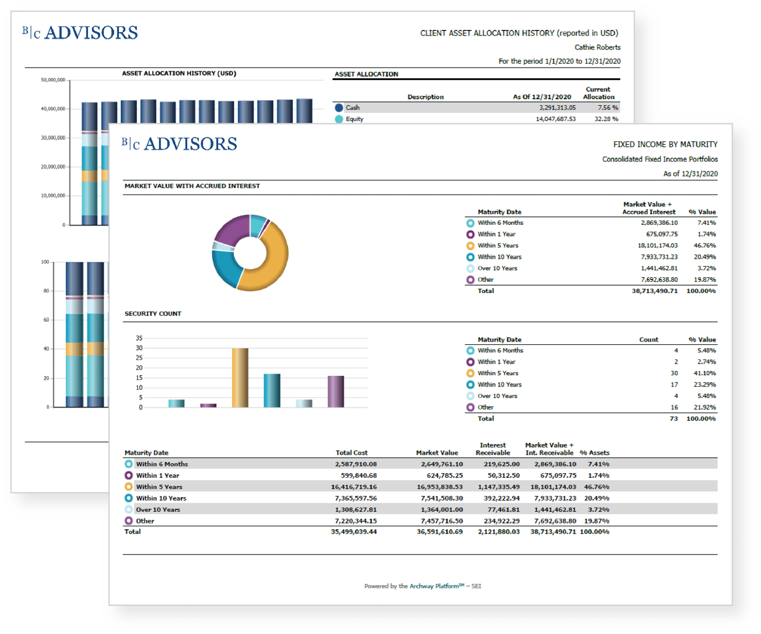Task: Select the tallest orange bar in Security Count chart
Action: coord(240,378)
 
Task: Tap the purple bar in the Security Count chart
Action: coord(336,391)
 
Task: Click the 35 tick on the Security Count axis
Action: coord(139,338)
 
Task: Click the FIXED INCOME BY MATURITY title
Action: coord(665,145)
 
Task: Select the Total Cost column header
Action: coord(351,453)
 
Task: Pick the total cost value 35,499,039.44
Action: coord(353,531)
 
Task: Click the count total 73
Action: coord(674,419)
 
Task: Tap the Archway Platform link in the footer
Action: coord(434,586)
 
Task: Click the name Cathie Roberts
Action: coord(598,47)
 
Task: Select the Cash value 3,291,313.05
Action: coord(557,108)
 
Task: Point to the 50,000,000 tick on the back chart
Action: coord(52,80)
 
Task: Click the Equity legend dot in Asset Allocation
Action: coord(339,119)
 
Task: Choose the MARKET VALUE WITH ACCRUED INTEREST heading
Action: coord(192,186)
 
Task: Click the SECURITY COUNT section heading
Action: coord(153,314)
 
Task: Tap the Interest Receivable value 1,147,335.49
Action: coord(498,487)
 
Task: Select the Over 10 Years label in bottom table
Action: coord(158,509)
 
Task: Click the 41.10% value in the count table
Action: coord(706,373)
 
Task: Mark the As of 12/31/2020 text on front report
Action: coord(690,174)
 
